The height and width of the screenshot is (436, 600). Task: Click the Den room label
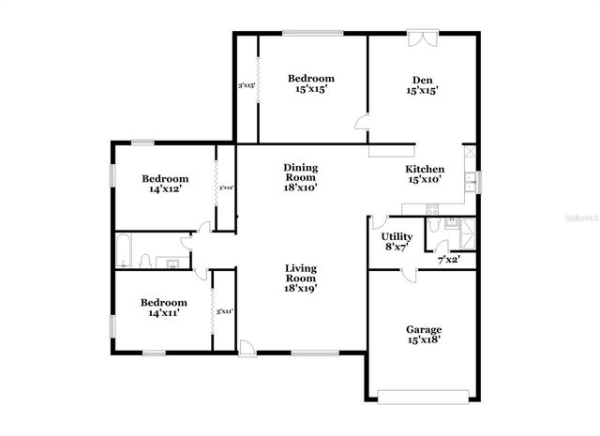pos(423,79)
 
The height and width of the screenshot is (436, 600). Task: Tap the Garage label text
pos(424,329)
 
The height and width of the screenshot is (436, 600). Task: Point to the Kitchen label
pos(424,169)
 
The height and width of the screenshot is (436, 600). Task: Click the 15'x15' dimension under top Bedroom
pos(310,90)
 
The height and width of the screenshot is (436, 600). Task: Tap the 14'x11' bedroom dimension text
pos(163,313)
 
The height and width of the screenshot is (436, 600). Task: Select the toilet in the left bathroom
pos(145,260)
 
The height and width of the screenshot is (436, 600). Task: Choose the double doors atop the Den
pos(422,39)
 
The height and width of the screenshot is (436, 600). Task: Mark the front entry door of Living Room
pos(246,348)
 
